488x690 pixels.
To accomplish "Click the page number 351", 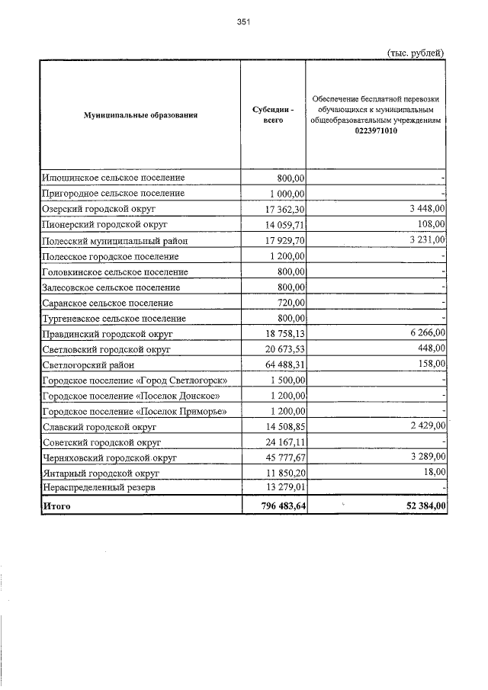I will click(x=243, y=22).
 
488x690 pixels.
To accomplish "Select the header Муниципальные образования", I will click(x=141, y=115).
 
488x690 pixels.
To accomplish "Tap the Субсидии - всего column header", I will click(x=273, y=115).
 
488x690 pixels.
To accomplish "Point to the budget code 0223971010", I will click(x=376, y=131).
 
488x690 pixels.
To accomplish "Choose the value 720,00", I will click(x=291, y=303).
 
